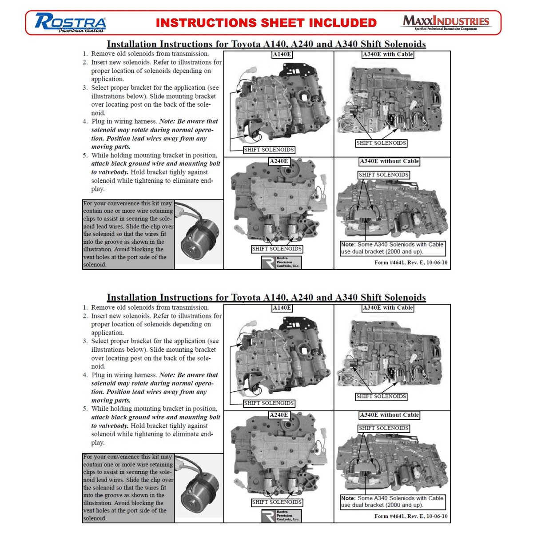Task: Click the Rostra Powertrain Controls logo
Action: pyautogui.click(x=70, y=23)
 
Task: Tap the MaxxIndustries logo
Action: pyautogui.click(x=445, y=22)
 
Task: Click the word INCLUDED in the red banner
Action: pyautogui.click(x=343, y=23)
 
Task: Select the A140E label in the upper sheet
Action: pyautogui.click(x=282, y=55)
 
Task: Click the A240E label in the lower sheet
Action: pyautogui.click(x=279, y=415)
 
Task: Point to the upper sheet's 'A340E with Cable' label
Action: pyautogui.click(x=387, y=55)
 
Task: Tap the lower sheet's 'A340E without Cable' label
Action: pyautogui.click(x=389, y=415)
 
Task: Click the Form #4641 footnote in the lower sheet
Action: pyautogui.click(x=411, y=516)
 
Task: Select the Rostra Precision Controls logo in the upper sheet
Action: pyautogui.click(x=281, y=262)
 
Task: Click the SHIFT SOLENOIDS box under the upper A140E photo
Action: pyautogui.click(x=269, y=150)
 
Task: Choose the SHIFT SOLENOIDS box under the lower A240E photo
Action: pyautogui.click(x=277, y=502)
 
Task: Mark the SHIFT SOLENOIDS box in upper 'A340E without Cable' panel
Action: pyautogui.click(x=383, y=175)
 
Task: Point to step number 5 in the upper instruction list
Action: pyautogui.click(x=85, y=155)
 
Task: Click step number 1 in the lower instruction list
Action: pyautogui.click(x=85, y=307)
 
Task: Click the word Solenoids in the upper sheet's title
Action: pyautogui.click(x=405, y=44)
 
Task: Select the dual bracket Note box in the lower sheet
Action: pyautogui.click(x=393, y=502)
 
